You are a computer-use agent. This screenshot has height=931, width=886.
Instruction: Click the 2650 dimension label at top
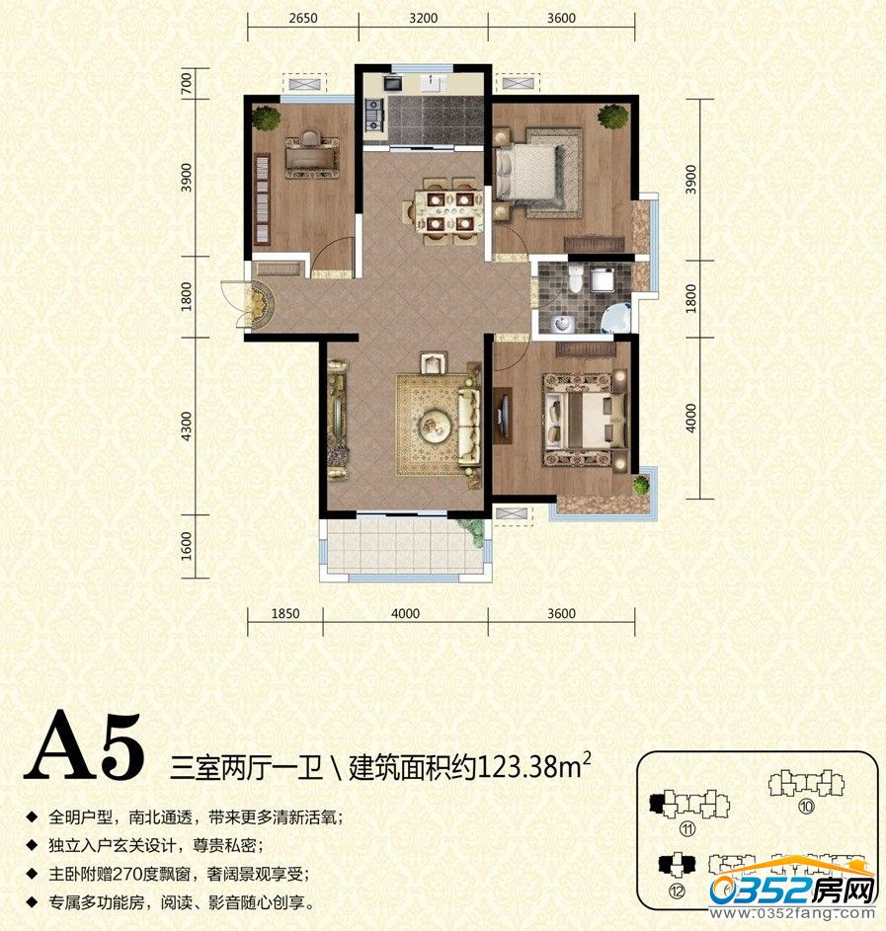point(303,18)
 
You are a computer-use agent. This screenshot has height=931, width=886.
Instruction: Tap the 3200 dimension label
point(424,18)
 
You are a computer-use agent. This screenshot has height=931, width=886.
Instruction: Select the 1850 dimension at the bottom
point(285,613)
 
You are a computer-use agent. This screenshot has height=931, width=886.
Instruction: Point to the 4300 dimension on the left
point(187,427)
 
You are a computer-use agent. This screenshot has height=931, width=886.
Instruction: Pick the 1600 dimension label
point(187,546)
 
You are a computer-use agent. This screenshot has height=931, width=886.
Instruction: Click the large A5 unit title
point(84,747)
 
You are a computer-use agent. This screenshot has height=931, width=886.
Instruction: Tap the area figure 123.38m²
point(534,766)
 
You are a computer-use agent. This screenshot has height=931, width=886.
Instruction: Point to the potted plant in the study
point(266,117)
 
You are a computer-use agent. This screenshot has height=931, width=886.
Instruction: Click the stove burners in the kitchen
point(374,114)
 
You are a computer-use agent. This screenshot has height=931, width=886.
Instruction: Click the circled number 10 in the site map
point(806,807)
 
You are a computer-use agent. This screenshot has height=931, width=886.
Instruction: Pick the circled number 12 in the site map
point(676,891)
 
